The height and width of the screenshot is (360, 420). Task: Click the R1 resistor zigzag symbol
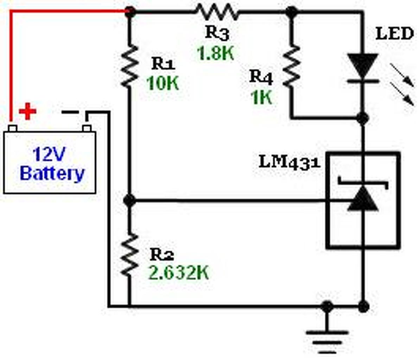[x=129, y=66]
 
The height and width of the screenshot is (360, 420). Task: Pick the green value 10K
[x=162, y=84]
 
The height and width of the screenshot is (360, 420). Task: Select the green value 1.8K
[x=216, y=53]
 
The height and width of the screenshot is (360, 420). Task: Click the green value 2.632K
[x=179, y=272]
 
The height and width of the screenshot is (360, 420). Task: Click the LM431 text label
[x=289, y=162]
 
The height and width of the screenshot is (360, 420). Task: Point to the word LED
[x=394, y=34]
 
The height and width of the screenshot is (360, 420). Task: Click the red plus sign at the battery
[x=27, y=111]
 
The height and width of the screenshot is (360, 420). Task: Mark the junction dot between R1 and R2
[x=129, y=201]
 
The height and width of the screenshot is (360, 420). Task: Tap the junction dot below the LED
[x=363, y=118]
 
